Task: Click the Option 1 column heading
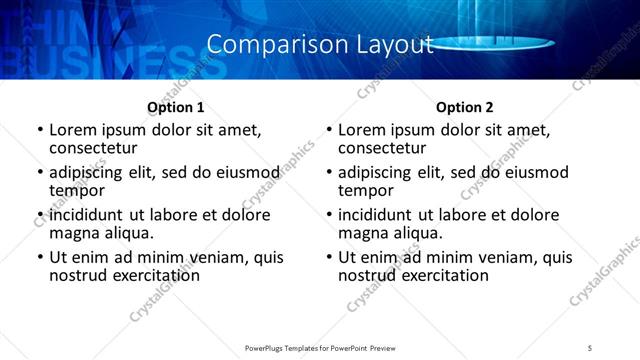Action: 176,107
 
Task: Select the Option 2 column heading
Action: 465,107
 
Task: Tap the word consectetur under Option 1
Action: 92,148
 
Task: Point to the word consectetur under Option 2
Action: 381,148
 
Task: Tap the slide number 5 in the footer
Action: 591,347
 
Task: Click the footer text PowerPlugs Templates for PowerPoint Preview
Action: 319,347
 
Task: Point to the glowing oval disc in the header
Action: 497,44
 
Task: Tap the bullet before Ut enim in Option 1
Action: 39,258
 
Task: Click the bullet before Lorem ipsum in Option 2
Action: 328,130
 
